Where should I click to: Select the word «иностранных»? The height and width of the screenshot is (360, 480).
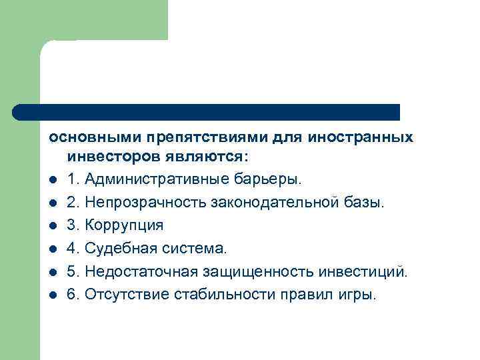click(360, 137)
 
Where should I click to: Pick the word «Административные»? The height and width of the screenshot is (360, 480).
click(155, 179)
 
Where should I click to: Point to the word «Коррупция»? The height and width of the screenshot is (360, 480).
click(124, 225)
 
